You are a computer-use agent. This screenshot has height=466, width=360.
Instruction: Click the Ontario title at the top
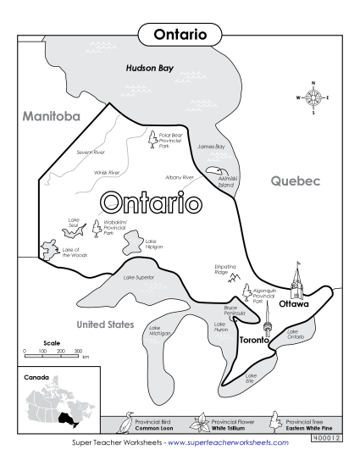(x=179, y=34)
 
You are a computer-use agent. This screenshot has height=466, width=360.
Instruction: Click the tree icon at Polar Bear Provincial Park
(x=152, y=138)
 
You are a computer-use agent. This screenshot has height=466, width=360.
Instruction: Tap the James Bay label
(x=211, y=147)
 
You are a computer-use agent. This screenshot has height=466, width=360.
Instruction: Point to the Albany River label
(x=180, y=177)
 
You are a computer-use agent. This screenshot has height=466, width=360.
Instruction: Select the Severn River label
(x=91, y=153)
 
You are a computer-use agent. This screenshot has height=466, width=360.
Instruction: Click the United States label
(x=105, y=325)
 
